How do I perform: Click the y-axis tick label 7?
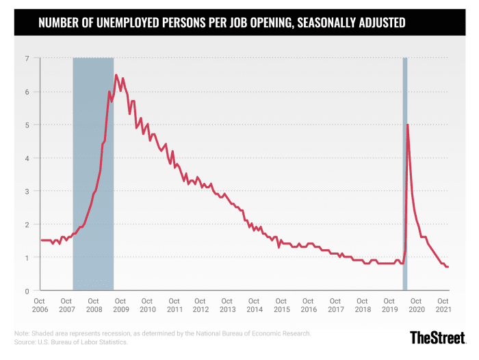pos(28,58)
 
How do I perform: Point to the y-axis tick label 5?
pos(28,125)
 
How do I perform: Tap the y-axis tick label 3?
pos(28,191)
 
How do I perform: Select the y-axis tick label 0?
pos(28,291)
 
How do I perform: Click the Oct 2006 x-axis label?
pos(40,305)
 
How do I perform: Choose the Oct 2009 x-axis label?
pos(120,305)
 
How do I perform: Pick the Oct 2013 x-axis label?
pos(228,305)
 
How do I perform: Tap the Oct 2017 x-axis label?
pos(335,305)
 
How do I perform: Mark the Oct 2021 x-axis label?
pos(443,305)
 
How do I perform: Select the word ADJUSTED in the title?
pos(375,23)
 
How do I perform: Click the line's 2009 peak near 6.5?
pos(116,75)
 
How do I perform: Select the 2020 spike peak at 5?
pos(408,125)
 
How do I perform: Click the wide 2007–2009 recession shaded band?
pos(93,171)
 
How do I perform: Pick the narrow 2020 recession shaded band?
pos(405,171)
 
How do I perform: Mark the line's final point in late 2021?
pos(448,267)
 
